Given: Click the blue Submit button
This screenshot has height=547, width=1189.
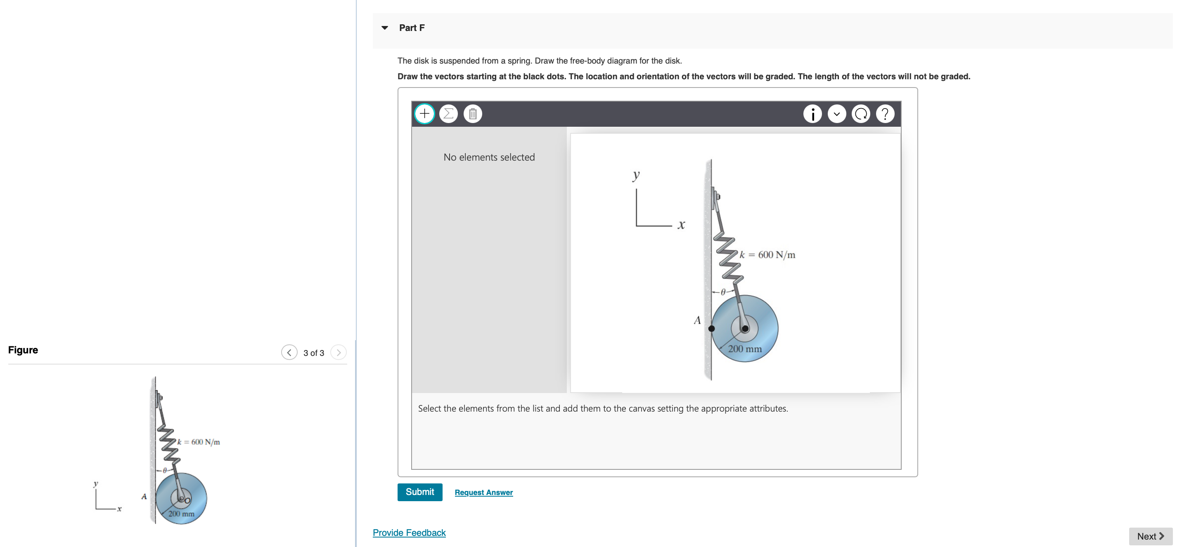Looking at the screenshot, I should click(x=419, y=492).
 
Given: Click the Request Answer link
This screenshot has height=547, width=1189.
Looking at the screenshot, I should click(x=483, y=492).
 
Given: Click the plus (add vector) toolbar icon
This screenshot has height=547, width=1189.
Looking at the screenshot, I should click(x=424, y=114).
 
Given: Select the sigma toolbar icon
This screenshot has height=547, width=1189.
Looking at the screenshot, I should click(x=448, y=114).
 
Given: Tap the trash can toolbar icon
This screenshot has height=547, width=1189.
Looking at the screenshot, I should click(x=472, y=114).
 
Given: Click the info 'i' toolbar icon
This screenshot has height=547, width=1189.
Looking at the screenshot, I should click(x=812, y=114).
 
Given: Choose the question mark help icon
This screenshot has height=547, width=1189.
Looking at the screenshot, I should click(x=884, y=114).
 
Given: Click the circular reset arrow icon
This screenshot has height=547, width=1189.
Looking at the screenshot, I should click(x=860, y=114).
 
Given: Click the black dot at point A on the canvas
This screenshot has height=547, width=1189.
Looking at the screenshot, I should click(x=711, y=329).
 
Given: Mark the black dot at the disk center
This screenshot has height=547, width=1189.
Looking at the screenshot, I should click(x=745, y=329).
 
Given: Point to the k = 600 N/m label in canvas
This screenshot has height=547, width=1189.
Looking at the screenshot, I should click(x=767, y=255).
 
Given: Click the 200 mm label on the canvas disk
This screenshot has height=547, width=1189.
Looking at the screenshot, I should click(x=744, y=349).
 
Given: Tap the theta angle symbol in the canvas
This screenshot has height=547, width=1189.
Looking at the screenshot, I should click(x=723, y=292).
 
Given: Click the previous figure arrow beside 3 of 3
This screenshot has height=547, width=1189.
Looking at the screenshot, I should click(x=289, y=353).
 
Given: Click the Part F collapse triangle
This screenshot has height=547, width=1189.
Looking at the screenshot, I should click(x=384, y=28).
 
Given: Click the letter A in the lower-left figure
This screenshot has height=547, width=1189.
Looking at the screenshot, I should click(x=144, y=497).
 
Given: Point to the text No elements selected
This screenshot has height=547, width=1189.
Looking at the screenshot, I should click(x=489, y=157).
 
